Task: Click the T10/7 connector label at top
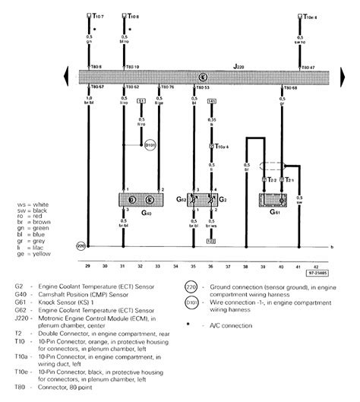[97, 14]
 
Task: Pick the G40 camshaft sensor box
[141, 201]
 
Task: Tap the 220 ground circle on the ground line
[81, 245]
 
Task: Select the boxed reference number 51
[141, 100]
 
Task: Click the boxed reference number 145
[212, 100]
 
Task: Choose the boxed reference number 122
[212, 240]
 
